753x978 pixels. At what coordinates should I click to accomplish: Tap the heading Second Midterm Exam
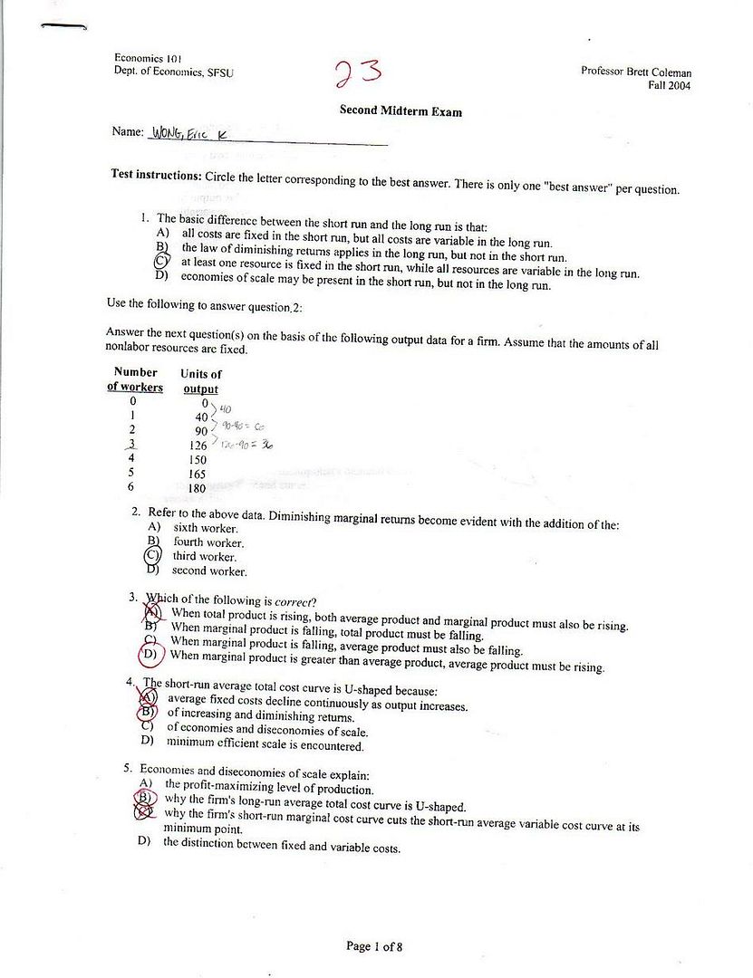tap(401, 111)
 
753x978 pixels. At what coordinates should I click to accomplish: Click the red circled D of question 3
tap(150, 654)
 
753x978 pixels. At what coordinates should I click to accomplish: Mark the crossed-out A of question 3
tap(150, 612)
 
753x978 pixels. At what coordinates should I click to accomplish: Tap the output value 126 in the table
tap(197, 445)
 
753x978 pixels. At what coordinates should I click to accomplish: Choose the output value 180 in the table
tap(197, 489)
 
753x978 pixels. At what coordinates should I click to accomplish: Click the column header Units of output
tap(200, 381)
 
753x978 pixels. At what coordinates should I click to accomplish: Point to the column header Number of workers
tap(135, 379)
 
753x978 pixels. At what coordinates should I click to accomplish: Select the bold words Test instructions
tap(155, 174)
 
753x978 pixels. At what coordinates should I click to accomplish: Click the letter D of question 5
tap(143, 841)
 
